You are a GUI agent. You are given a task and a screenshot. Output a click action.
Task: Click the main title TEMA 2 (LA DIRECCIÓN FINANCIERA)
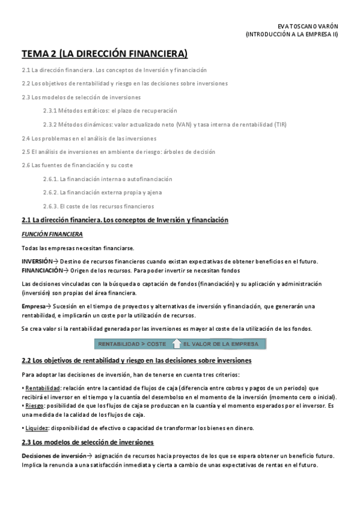(x=105, y=55)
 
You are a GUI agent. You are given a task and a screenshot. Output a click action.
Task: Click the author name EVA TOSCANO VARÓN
(x=308, y=26)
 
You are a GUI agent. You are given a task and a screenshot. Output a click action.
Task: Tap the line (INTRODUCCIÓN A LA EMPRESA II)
(x=292, y=34)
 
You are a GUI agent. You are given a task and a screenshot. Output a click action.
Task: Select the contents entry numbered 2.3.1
(x=110, y=111)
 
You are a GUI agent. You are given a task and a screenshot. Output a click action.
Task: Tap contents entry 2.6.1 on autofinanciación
(x=108, y=179)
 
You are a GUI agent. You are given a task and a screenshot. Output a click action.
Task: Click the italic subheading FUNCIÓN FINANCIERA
(x=52, y=234)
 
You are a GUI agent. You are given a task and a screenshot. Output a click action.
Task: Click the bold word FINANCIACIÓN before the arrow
(x=42, y=271)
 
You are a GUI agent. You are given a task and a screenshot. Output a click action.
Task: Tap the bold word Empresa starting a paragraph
(x=34, y=306)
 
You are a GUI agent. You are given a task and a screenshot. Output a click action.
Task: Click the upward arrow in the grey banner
(x=177, y=345)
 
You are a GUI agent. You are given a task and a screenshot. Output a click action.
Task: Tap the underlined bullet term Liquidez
(x=36, y=428)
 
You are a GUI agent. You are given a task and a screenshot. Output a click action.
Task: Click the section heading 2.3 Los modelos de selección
(x=87, y=442)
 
